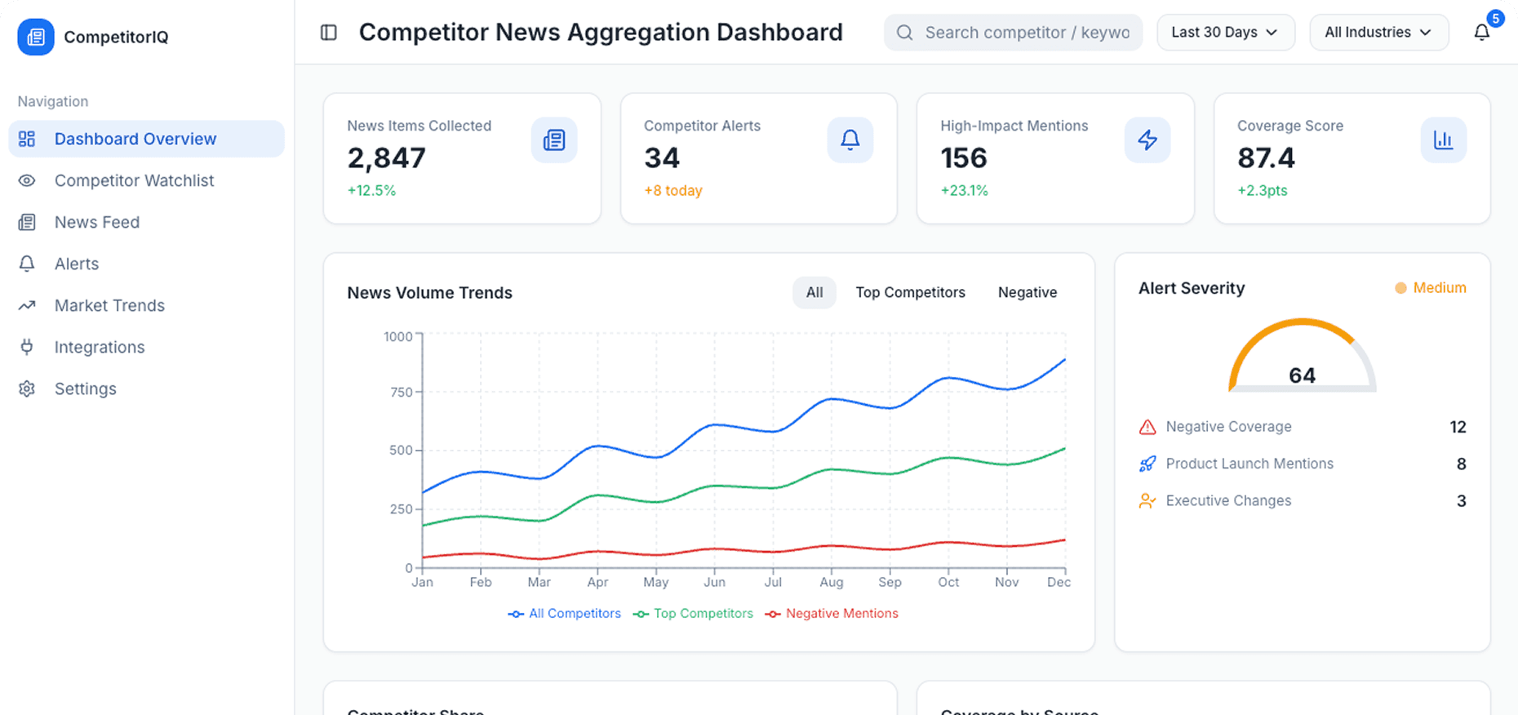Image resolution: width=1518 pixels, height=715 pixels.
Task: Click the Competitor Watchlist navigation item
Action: point(134,180)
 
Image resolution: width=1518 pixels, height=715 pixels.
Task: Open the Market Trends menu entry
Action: point(109,305)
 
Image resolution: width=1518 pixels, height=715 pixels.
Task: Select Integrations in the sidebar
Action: point(99,347)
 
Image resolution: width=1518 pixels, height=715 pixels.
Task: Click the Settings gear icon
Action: point(27,389)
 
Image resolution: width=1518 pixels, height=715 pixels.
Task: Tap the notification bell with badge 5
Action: point(1482,32)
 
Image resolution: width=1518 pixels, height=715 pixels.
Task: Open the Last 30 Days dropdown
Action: point(1225,33)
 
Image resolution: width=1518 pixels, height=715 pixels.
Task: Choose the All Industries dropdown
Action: point(1378,33)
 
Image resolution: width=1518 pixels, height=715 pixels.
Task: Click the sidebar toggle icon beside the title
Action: point(329,33)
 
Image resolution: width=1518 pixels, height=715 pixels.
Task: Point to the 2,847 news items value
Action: point(387,158)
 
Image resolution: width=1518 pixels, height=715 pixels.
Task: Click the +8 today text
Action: point(672,190)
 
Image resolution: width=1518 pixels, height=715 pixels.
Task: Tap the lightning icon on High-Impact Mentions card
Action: point(1147,140)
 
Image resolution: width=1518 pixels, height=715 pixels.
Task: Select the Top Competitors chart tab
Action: point(910,292)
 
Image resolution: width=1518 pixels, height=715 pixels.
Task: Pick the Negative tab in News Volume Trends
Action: point(1027,292)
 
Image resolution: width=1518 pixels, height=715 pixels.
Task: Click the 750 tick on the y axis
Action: point(401,392)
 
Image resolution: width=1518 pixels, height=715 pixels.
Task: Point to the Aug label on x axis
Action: point(831,582)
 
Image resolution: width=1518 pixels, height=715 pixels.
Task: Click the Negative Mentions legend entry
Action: point(841,614)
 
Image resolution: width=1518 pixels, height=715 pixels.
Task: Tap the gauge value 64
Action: point(1302,375)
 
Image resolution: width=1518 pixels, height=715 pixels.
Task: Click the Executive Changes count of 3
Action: point(1461,500)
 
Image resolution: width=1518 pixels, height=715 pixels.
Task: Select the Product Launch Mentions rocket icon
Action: point(1147,464)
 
